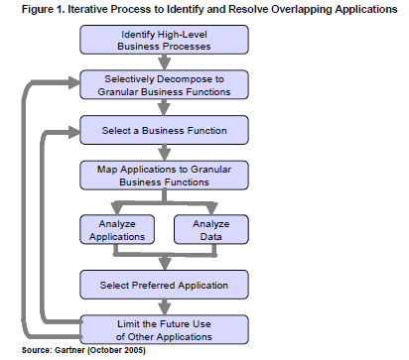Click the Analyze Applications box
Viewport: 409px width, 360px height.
(x=112, y=231)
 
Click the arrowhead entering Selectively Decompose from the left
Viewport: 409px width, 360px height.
(x=71, y=86)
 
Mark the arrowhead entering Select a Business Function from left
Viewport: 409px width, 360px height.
(x=71, y=131)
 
